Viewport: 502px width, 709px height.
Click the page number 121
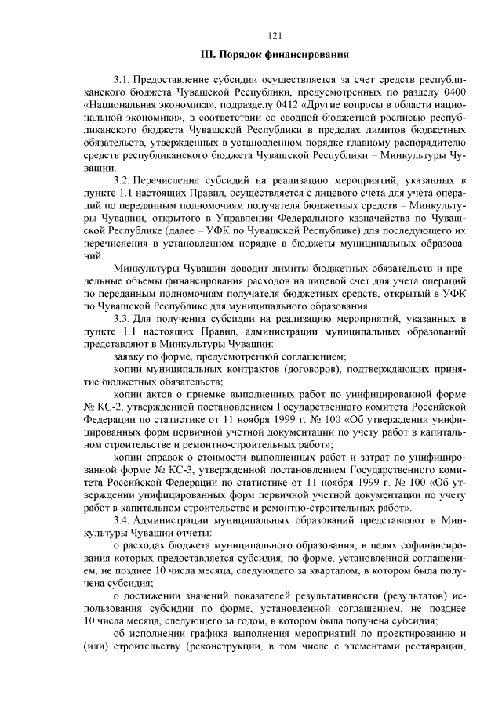(x=275, y=35)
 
